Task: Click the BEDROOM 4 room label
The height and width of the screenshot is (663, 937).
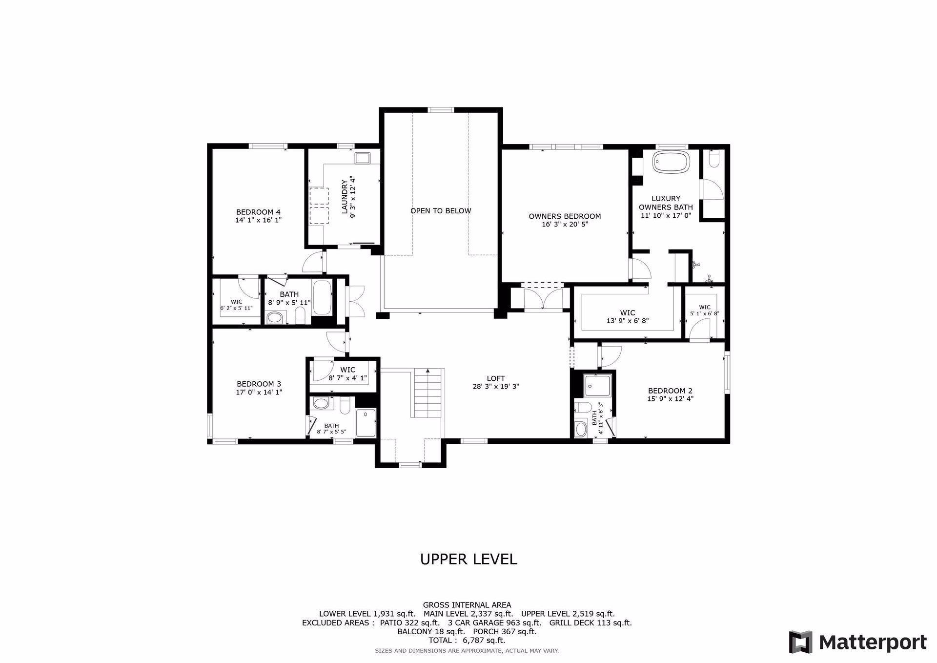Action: pyautogui.click(x=258, y=212)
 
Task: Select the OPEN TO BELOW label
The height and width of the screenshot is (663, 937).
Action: pyautogui.click(x=441, y=211)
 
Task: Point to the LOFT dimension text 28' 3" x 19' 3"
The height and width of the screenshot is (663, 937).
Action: pyautogui.click(x=495, y=387)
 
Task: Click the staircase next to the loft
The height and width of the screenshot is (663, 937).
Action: pyautogui.click(x=428, y=394)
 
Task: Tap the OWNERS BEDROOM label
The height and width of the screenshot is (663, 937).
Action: pyautogui.click(x=565, y=216)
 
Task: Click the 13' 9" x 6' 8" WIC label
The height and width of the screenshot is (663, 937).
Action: pyautogui.click(x=627, y=313)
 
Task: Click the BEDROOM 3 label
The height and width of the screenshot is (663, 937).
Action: pyautogui.click(x=259, y=384)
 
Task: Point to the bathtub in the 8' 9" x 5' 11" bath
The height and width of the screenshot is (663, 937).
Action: pyautogui.click(x=322, y=297)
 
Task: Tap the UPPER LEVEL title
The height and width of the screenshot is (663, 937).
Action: pyautogui.click(x=468, y=559)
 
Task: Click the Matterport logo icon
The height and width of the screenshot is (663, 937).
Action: pyautogui.click(x=801, y=642)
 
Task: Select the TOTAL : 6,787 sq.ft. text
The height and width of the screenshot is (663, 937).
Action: pyautogui.click(x=467, y=640)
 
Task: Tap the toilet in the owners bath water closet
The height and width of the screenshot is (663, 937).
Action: pyautogui.click(x=713, y=160)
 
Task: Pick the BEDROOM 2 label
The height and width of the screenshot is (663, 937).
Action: pyautogui.click(x=670, y=391)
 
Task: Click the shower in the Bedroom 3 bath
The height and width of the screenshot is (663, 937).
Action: pyautogui.click(x=366, y=423)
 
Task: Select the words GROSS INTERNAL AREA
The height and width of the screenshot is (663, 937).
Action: pyautogui.click(x=467, y=605)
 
